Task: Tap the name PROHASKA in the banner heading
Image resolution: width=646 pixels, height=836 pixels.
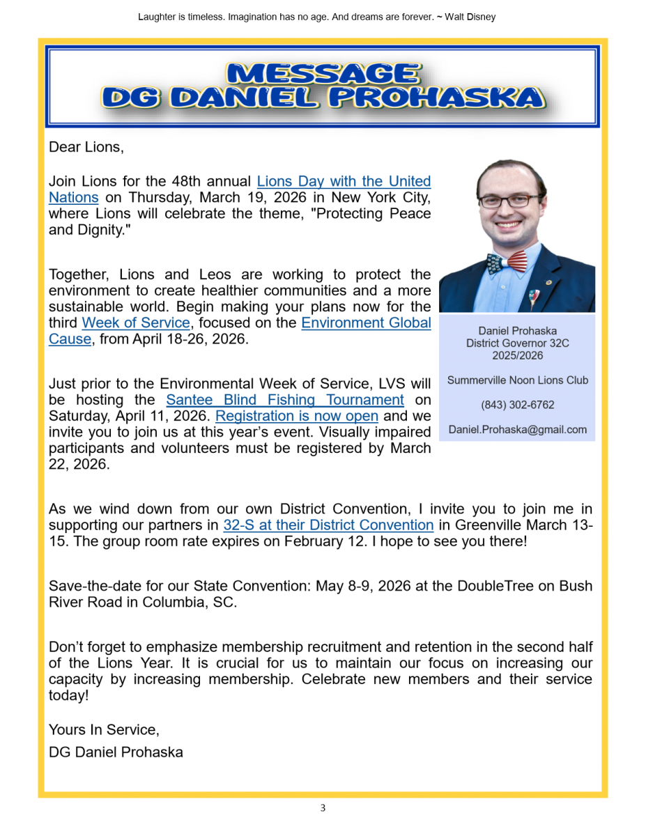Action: pos(435,98)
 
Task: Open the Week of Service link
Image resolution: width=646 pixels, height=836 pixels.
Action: pos(136,323)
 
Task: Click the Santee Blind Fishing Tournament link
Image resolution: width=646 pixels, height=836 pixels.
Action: pos(284,401)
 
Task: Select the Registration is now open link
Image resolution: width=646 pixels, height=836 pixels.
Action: pos(297,417)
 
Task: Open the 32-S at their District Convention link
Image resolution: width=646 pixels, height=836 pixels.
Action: pos(328,525)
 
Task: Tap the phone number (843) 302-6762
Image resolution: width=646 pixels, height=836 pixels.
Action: pos(517,405)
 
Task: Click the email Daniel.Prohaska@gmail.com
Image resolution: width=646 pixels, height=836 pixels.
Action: pos(517,430)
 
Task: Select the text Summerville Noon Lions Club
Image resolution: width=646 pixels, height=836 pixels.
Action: pos(517,380)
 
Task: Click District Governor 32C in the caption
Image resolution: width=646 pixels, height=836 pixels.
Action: pos(517,343)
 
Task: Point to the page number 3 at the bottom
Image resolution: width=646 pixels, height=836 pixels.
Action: pos(323,808)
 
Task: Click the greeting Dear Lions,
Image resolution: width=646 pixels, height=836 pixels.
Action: pos(86,148)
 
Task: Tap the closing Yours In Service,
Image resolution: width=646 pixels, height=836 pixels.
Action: pos(104,730)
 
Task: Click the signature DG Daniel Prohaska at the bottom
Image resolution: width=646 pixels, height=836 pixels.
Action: pos(116,752)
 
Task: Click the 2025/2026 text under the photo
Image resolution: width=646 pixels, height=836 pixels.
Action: pos(517,355)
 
